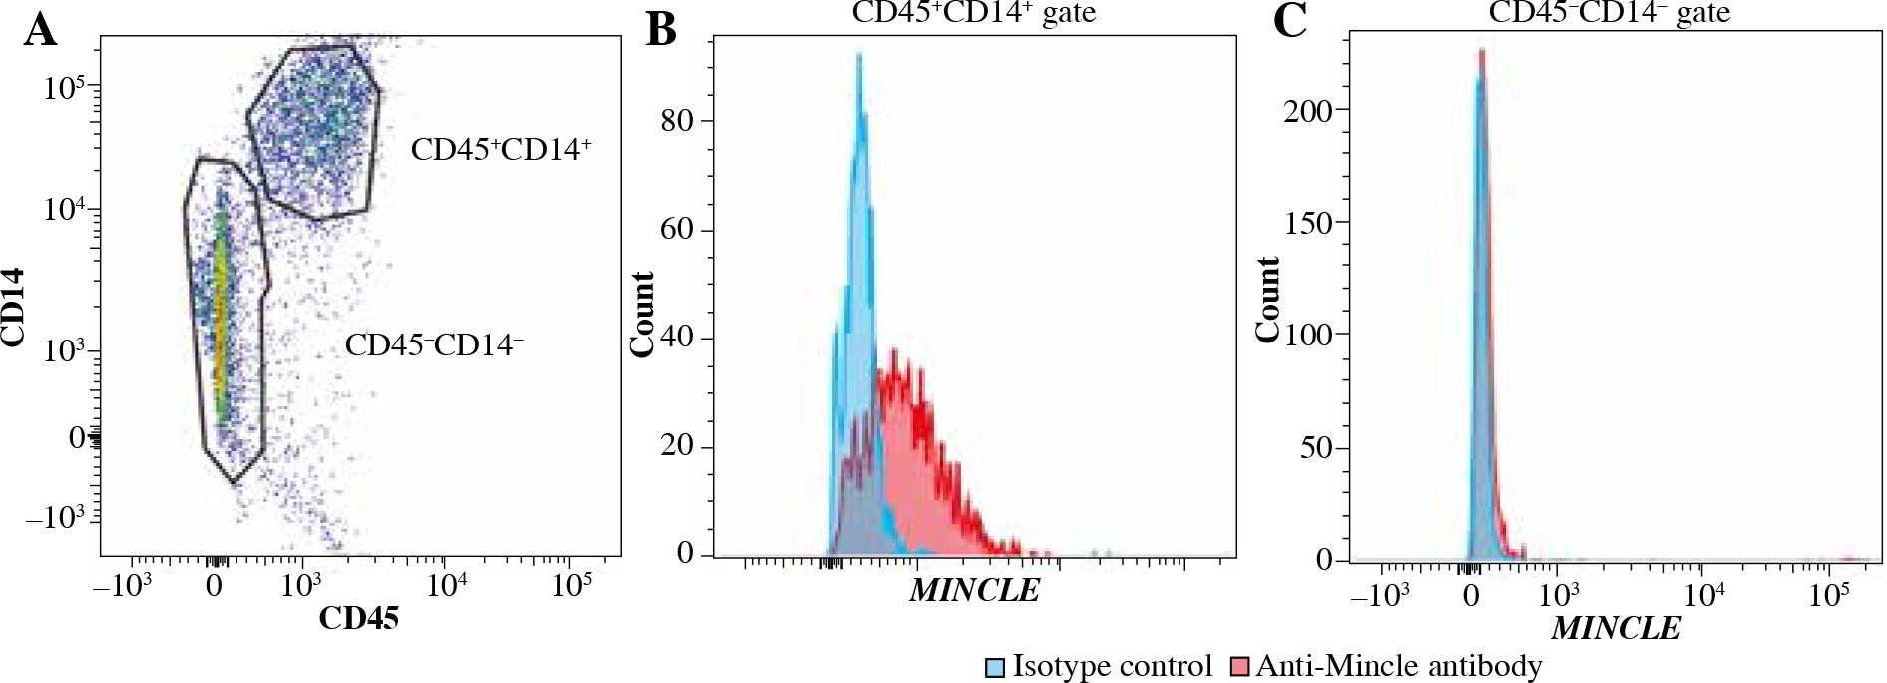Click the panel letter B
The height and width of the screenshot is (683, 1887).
[x=661, y=30]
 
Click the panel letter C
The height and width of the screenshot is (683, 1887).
[x=1290, y=22]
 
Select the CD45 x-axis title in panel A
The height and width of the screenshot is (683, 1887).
[x=358, y=619]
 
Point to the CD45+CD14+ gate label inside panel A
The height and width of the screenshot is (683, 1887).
[x=501, y=150]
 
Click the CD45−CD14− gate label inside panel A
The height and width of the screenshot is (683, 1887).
[x=434, y=345]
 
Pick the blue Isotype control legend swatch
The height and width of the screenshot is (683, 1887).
[x=995, y=667]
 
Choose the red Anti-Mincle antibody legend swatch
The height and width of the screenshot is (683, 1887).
[x=1240, y=667]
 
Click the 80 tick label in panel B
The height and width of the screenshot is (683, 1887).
[x=679, y=121]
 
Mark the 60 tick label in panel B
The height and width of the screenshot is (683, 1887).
[x=679, y=229]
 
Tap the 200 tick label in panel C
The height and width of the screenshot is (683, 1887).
[x=1307, y=110]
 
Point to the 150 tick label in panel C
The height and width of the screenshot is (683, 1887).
[x=1307, y=223]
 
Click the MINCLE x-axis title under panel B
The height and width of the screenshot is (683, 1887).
[x=975, y=590]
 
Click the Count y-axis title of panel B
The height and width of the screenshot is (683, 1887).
[x=642, y=314]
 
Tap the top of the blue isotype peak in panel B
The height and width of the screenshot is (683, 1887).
[x=858, y=55]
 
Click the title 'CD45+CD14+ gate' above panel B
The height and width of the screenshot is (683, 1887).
[x=973, y=12]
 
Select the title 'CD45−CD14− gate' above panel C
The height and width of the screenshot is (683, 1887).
[x=1609, y=12]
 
